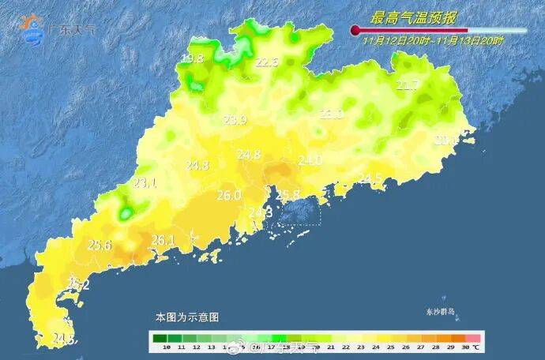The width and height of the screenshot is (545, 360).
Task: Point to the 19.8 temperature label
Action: point(192,58)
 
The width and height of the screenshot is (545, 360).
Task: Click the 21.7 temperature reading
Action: point(408,85)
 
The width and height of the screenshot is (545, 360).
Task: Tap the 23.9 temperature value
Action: point(235,120)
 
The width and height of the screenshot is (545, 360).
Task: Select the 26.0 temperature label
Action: point(228,195)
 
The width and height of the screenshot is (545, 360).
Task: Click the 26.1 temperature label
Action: point(163,240)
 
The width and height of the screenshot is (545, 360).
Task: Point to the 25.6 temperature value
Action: point(100,245)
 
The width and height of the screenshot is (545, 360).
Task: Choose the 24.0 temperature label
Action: point(310,160)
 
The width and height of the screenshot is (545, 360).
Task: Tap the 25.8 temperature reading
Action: point(287,194)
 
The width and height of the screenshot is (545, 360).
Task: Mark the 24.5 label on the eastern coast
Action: point(370,178)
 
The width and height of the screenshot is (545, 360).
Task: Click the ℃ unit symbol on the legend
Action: point(476,347)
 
